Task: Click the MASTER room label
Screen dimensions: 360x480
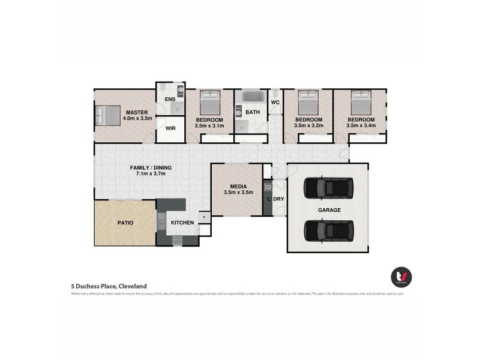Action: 137,112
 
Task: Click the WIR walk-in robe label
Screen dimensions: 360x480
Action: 170,128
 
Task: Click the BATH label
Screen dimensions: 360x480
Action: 253,112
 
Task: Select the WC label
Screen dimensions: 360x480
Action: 275,103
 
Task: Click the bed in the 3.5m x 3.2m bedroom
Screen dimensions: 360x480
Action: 309,102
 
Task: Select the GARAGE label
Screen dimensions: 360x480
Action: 329,210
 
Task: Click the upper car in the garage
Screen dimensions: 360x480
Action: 329,188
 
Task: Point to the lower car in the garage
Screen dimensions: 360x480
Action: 329,230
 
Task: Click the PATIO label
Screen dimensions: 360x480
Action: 125,223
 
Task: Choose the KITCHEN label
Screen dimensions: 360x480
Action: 182,223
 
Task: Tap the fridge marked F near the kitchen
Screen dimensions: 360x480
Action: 205,217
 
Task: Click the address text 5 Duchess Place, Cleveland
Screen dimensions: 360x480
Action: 109,286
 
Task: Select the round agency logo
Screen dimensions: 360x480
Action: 401,277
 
